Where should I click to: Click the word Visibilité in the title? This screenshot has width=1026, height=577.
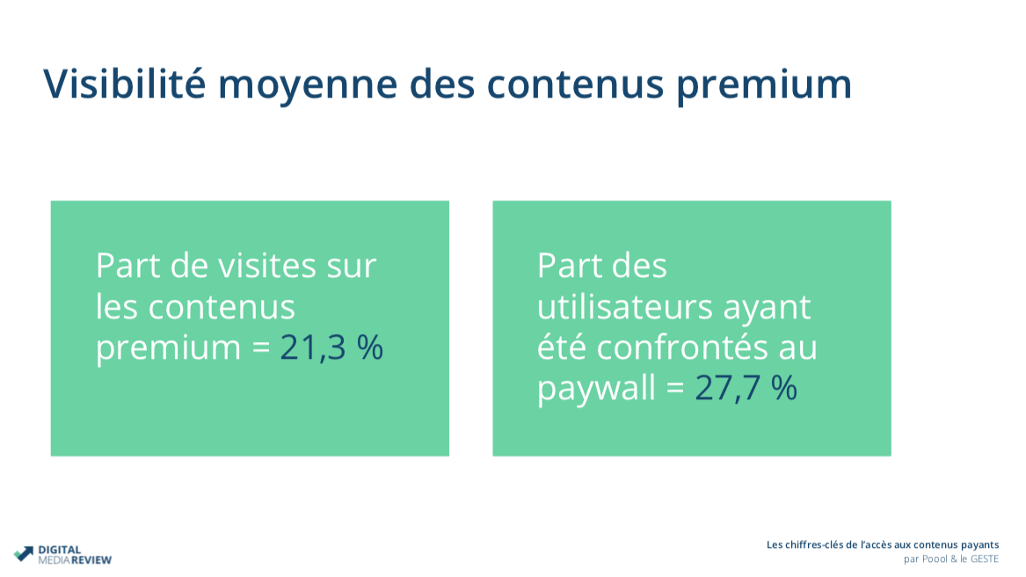coord(124,84)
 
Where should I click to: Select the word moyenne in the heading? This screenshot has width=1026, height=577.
coord(308,87)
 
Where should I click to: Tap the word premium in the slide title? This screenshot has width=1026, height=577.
coord(764,86)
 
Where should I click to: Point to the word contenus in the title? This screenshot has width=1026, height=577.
coord(575,84)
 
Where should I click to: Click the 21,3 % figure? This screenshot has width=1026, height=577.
coord(331,347)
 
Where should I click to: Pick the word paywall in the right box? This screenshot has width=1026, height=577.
coord(596,389)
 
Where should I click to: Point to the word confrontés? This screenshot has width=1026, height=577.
coord(682,347)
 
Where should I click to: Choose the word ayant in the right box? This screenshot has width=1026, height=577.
coord(767,309)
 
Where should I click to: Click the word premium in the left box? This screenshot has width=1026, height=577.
coord(168,348)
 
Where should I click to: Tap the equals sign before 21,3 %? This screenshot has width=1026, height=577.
coord(261,347)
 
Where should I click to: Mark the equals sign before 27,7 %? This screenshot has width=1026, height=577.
coord(675,389)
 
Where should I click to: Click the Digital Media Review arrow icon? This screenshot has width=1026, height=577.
coord(24,554)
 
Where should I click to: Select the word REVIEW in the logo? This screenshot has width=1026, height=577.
coord(91,560)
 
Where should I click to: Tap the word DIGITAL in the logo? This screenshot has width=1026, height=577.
coord(60,550)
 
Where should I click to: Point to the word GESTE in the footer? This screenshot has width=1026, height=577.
coord(985,559)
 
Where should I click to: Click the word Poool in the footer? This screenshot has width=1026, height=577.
coord(935,559)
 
